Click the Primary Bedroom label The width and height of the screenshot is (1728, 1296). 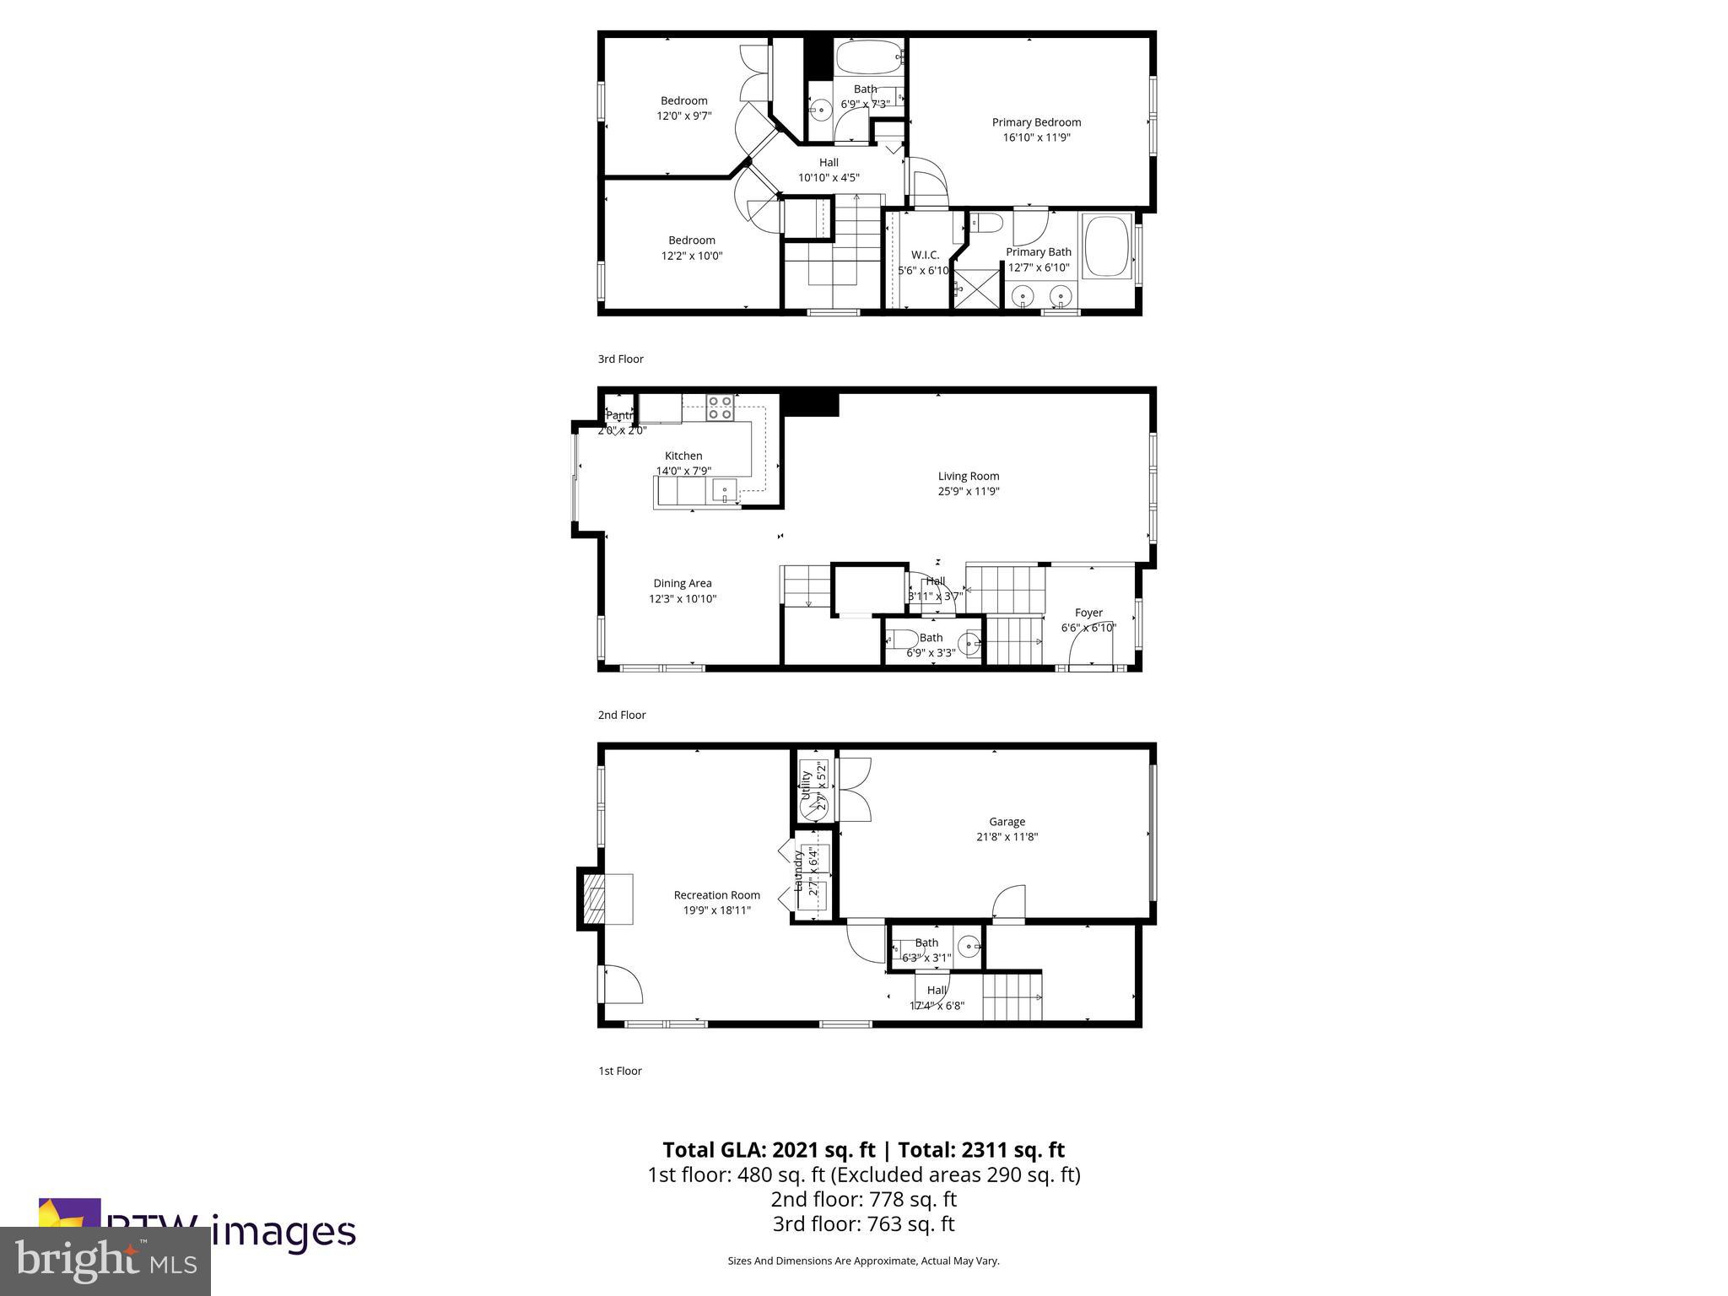1036,122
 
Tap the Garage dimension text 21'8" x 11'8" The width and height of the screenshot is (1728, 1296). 1007,837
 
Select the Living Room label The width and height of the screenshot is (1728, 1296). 969,476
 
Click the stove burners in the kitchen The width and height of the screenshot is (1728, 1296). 720,408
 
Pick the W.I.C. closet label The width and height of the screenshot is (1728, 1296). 925,255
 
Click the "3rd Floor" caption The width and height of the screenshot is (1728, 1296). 620,359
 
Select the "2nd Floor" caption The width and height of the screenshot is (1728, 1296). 622,715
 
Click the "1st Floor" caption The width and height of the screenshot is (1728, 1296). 620,1071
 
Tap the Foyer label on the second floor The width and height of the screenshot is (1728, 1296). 1088,613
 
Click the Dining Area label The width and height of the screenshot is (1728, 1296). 682,583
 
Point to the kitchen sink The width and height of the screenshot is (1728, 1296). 724,490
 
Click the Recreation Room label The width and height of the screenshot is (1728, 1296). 716,895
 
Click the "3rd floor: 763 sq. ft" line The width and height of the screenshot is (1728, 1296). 863,1223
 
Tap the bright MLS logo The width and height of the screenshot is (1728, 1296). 105,1261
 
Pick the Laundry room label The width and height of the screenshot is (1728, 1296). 798,871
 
